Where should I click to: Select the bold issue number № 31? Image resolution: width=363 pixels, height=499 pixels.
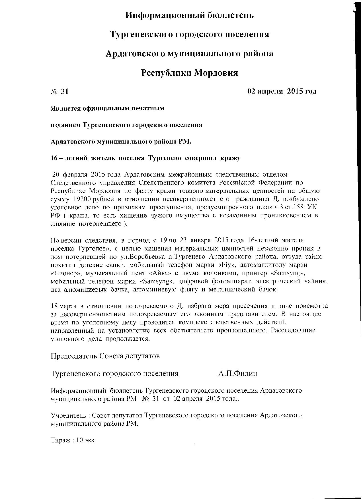[x=60, y=92]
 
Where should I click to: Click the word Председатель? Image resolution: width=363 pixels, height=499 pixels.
[x=74, y=356]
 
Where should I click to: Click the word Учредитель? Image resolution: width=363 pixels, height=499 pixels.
[x=69, y=415]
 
